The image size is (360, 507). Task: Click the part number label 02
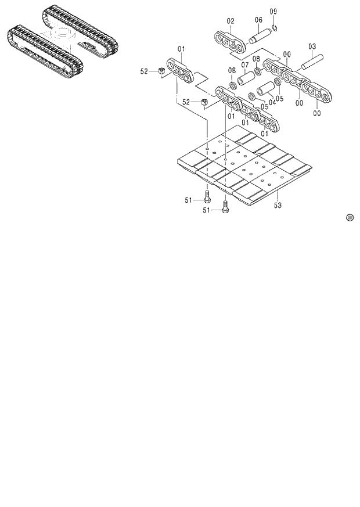pos(231,21)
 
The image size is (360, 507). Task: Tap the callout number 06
pos(258,20)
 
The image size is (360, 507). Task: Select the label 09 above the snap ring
pos(273,12)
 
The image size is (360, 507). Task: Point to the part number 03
pos(312,46)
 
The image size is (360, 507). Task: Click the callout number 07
pos(245,64)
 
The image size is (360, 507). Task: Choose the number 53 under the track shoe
pos(278,206)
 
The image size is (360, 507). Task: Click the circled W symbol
pos(350,218)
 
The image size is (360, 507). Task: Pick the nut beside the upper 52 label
pos(161,71)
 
